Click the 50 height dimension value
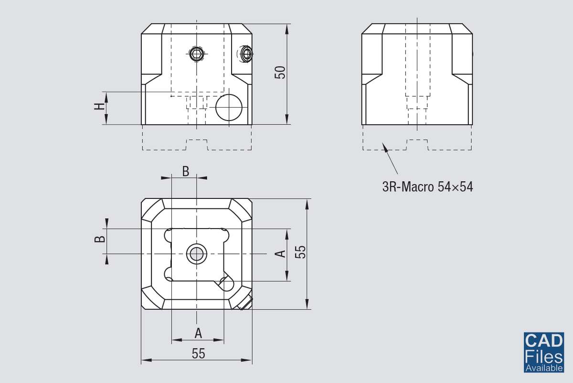(281, 73)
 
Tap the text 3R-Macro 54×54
(427, 187)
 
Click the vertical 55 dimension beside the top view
(299, 252)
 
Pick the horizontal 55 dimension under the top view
(198, 353)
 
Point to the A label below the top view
(198, 332)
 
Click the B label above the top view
(186, 171)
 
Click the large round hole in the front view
(229, 107)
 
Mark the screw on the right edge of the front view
(246, 54)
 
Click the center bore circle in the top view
(196, 253)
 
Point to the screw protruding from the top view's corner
(245, 303)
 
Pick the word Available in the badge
(543, 368)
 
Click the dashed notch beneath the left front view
(197, 144)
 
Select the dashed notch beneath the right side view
(417, 144)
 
